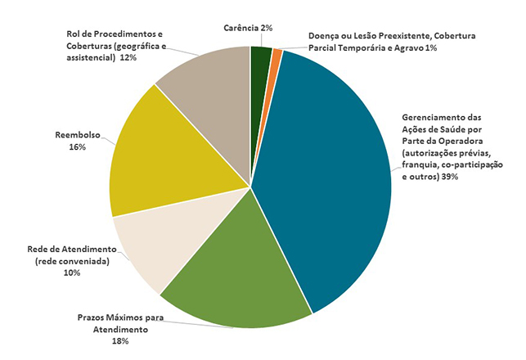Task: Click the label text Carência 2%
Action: click(248, 28)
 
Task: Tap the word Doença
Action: click(324, 37)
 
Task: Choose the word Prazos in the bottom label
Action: click(94, 317)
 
